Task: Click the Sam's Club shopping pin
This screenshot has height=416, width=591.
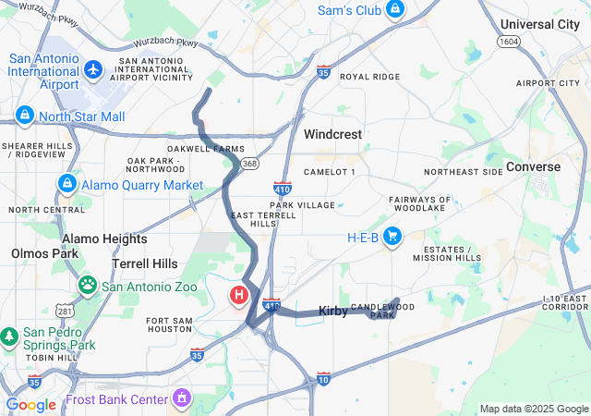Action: coord(394,9)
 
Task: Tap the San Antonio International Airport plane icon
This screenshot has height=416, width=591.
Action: coord(92,69)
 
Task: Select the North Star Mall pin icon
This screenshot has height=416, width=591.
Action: coord(25,116)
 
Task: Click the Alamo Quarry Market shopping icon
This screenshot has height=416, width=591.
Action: coord(66,185)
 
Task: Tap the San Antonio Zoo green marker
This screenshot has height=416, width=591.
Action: coord(88,286)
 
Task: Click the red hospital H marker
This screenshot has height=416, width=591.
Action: coord(238,297)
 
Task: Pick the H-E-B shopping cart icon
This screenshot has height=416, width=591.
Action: coord(392,237)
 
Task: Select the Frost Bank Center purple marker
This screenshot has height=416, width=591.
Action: coord(182,399)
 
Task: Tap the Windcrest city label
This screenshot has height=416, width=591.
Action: coord(333,134)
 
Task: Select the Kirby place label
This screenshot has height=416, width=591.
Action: coord(333,312)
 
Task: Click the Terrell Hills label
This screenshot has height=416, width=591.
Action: coord(145,263)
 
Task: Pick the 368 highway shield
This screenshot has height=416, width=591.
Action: coord(250,164)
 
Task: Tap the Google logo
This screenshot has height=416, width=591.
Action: coord(31,405)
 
